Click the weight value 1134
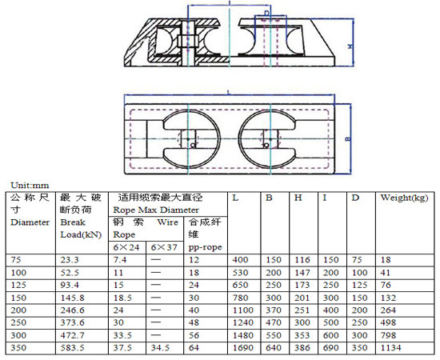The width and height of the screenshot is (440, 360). click(x=391, y=349)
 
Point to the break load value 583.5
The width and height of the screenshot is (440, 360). click(x=73, y=349)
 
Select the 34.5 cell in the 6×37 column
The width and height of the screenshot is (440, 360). click(x=161, y=349)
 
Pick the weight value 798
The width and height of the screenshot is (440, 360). click(x=388, y=336)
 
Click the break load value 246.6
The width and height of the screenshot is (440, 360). click(x=73, y=311)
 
